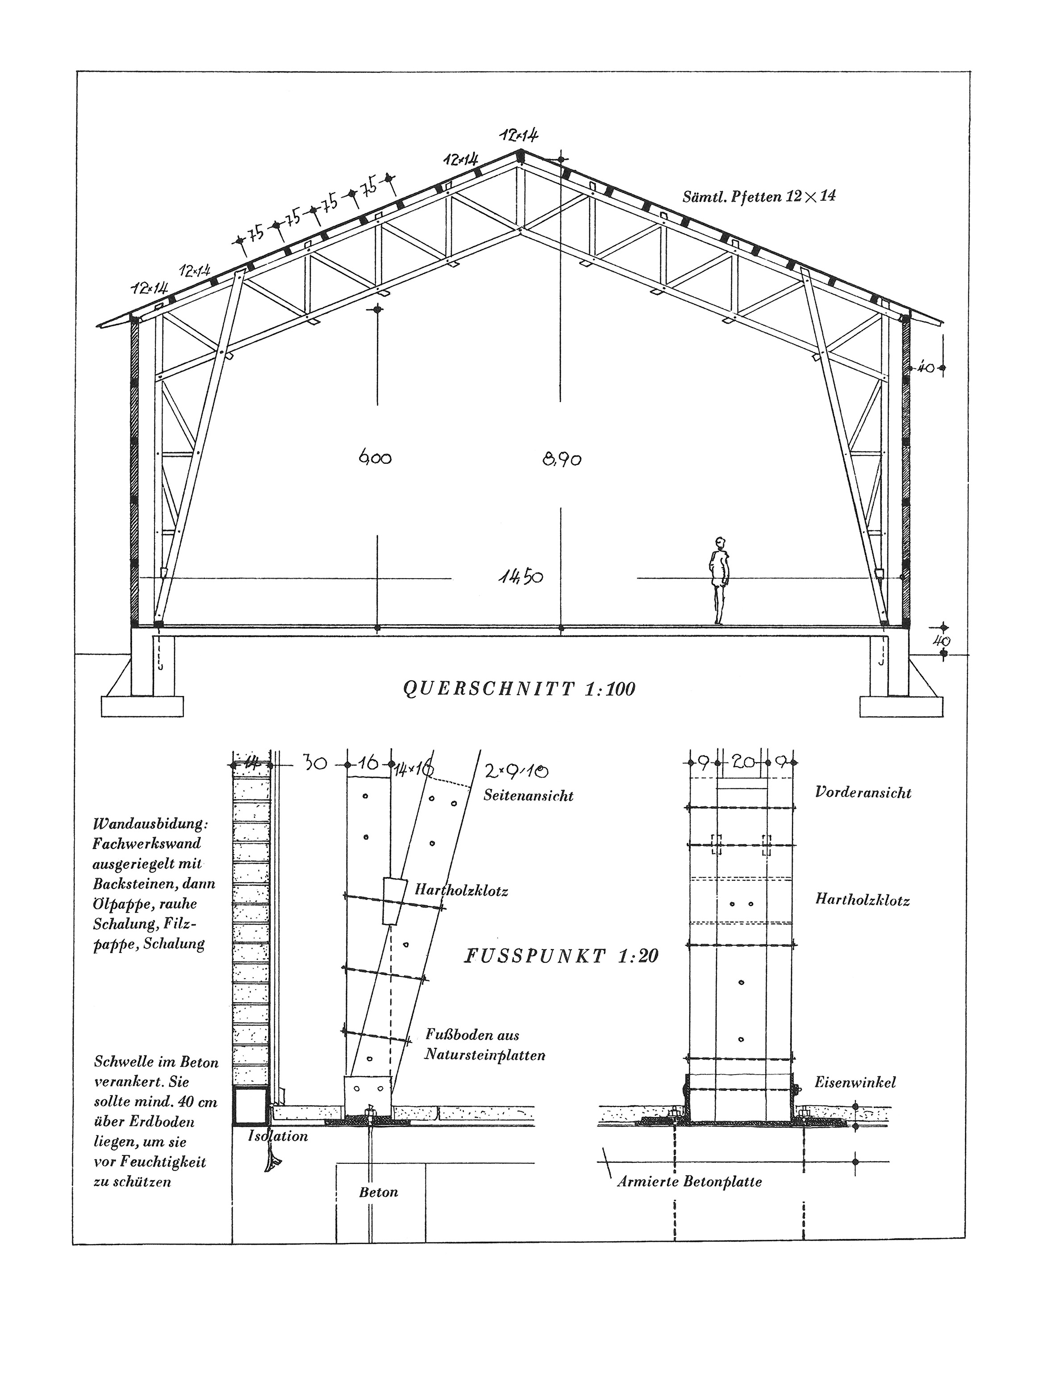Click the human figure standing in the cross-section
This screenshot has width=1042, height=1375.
click(719, 581)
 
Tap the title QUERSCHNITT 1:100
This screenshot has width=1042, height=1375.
click(519, 689)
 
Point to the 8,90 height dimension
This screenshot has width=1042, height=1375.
click(562, 460)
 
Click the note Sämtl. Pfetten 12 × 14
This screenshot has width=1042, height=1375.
click(759, 197)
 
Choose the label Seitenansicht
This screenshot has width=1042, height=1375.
click(529, 796)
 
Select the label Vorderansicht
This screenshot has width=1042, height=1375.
click(863, 792)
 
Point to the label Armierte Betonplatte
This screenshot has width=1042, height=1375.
click(689, 1181)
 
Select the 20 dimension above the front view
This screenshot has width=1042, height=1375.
click(742, 762)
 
